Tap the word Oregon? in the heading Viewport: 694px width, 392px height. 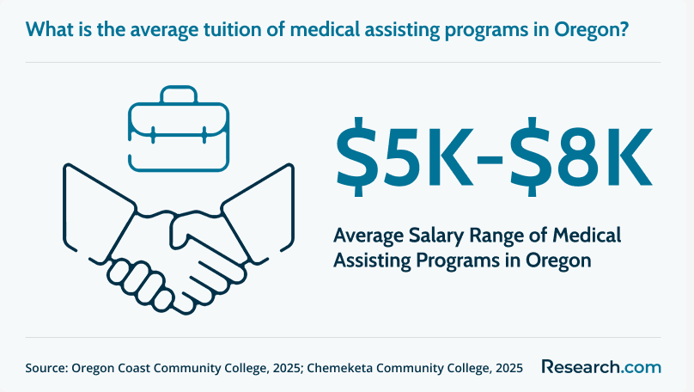coord(591,30)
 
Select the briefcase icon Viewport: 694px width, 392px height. coord(179,128)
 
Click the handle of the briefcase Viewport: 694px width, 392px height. coord(179,95)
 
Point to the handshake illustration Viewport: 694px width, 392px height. coord(179,239)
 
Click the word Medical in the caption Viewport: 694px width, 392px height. coord(587,235)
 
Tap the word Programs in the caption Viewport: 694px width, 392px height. coord(458,260)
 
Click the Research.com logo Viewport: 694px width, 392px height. coord(601,367)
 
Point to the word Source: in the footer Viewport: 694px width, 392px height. coord(46,368)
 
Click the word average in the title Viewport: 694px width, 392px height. coord(164,30)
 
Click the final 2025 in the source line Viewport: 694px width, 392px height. coord(509,368)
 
